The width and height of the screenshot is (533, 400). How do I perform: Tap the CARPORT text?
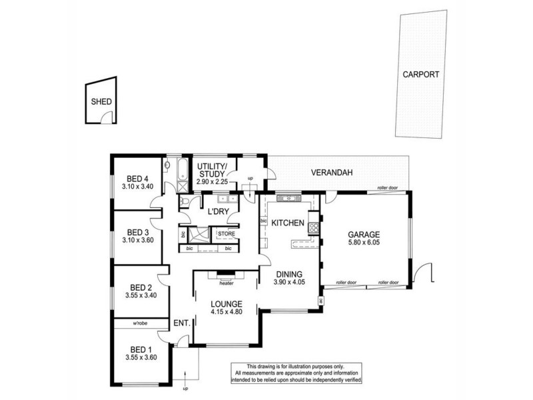click(420, 75)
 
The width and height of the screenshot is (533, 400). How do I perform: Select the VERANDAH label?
click(331, 173)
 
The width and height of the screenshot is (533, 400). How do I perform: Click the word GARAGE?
click(363, 235)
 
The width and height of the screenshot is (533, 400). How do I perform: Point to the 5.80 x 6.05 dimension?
click(363, 244)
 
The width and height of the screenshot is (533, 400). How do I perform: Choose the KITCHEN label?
click(288, 223)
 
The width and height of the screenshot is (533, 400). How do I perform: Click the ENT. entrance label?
click(182, 323)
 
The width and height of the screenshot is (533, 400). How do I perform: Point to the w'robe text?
click(139, 325)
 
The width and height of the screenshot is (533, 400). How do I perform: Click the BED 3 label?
click(139, 230)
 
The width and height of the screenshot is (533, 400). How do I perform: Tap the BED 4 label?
click(138, 178)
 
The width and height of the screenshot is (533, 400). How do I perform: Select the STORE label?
click(226, 234)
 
